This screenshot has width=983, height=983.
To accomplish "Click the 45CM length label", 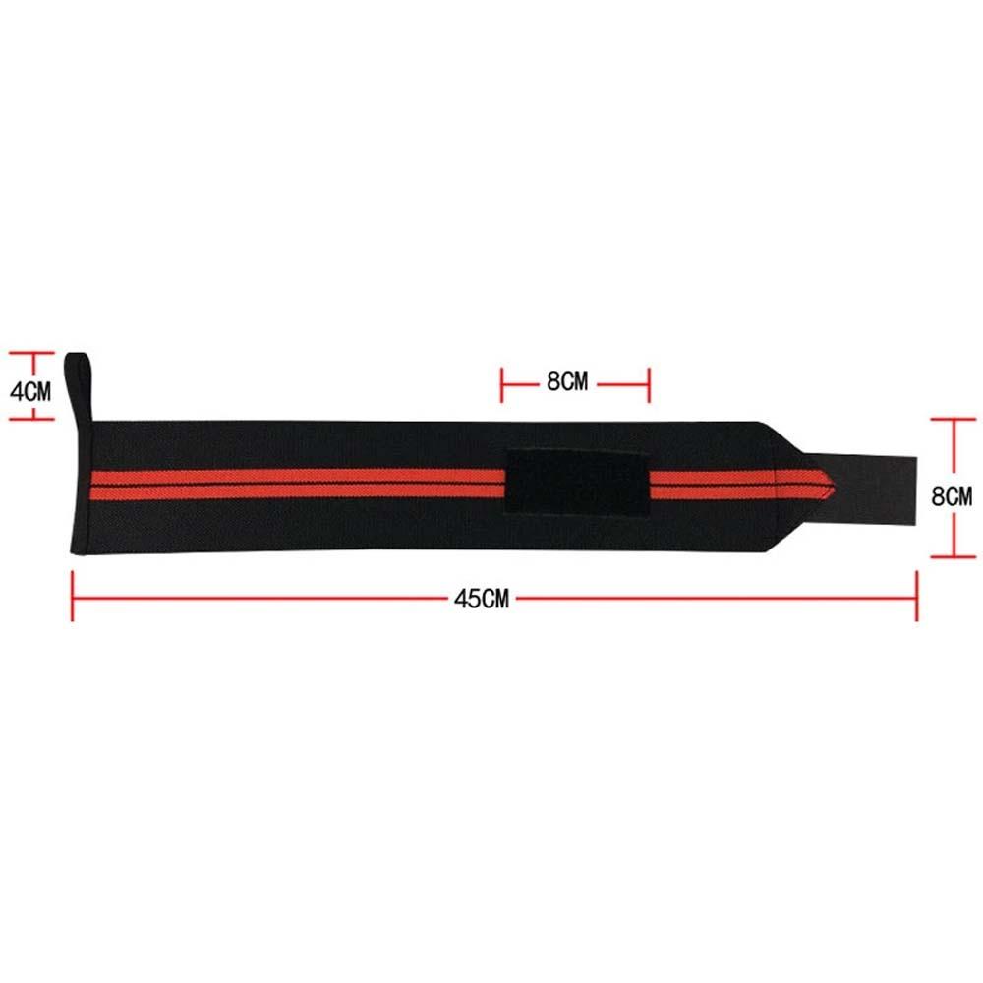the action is (x=482, y=599).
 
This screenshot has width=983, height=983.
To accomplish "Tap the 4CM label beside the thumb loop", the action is (x=30, y=392).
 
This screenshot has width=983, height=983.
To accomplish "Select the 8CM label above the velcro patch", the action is (x=567, y=380).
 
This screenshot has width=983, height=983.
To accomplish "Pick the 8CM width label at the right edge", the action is (x=952, y=496).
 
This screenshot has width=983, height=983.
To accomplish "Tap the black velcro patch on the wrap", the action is (x=577, y=483).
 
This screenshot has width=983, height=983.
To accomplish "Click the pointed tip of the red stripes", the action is (x=834, y=485).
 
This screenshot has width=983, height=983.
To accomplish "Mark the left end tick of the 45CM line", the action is (x=72, y=596).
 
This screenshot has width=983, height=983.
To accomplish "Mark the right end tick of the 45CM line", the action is (x=916, y=596).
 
